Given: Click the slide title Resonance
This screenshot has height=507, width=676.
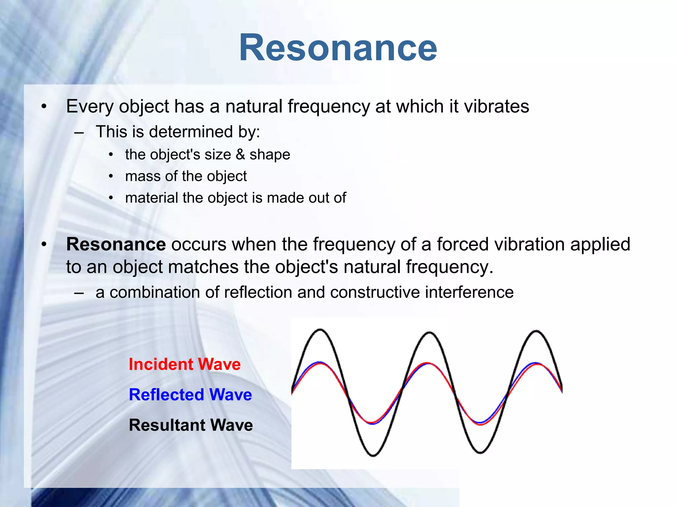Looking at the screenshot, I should [x=338, y=48].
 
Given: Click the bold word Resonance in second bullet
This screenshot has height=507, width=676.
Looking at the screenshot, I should [x=116, y=244].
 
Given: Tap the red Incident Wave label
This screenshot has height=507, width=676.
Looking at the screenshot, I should [x=185, y=364].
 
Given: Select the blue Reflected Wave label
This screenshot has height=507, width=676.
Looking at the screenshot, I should [x=190, y=395].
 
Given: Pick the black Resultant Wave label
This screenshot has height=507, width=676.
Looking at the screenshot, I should [x=191, y=425].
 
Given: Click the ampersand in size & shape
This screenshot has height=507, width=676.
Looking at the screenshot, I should [x=240, y=154].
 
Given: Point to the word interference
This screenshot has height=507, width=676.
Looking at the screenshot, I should [x=469, y=292].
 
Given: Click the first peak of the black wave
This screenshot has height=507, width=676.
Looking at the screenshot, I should [x=320, y=330].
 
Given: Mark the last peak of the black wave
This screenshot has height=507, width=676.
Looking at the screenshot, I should [x=536, y=331].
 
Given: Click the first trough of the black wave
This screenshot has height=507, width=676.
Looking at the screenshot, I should [x=373, y=456].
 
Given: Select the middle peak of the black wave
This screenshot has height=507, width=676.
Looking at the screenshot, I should [x=429, y=333].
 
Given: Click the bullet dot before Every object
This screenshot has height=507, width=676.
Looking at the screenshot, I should [x=44, y=107].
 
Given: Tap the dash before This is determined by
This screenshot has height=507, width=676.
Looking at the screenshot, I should [x=79, y=133].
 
